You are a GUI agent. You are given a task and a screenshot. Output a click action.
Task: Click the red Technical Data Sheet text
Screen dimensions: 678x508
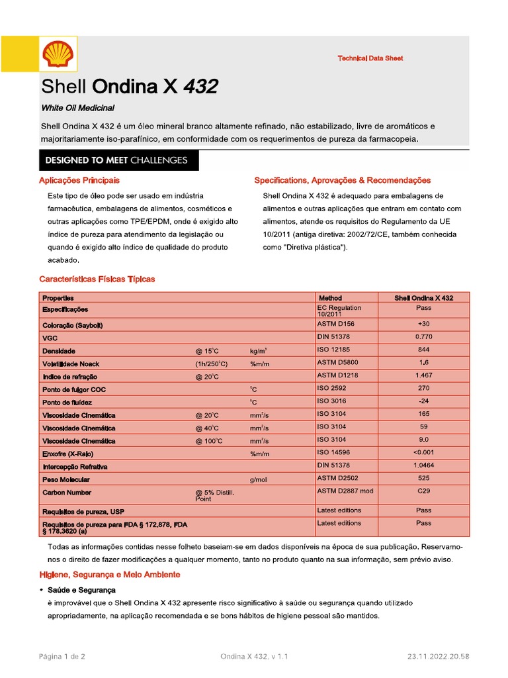tap(370, 58)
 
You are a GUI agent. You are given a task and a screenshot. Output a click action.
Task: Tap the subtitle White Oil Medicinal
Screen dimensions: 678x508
tap(78, 108)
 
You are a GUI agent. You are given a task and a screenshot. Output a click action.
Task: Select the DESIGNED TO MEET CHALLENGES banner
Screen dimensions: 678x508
tap(116, 160)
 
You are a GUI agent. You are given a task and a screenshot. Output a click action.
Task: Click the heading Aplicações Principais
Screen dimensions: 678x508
tap(79, 180)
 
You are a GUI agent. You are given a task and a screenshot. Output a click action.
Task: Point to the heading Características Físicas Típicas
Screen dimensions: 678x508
tap(97, 279)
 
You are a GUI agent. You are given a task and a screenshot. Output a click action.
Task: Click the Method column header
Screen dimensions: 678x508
tap(330, 298)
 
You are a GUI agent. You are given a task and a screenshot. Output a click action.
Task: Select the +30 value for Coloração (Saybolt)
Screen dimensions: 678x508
tap(423, 324)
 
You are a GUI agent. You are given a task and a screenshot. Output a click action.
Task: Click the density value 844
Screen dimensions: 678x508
tap(423, 350)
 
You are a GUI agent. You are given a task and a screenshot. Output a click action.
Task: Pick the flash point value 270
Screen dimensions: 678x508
tap(423, 389)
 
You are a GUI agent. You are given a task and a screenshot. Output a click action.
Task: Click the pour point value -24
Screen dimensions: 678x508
tap(423, 401)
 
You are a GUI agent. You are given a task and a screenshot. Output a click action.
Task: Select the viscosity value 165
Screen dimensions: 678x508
tap(423, 414)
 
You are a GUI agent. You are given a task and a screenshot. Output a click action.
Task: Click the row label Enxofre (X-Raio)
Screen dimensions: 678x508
tap(68, 454)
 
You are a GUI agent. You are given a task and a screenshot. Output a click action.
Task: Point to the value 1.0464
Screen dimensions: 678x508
tap(423, 466)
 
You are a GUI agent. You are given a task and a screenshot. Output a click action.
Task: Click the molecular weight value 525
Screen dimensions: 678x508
tap(423, 479)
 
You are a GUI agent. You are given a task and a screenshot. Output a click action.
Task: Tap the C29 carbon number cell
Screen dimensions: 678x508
tap(423, 491)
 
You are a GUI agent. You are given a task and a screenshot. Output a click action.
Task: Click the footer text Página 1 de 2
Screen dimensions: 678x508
tap(61, 656)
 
